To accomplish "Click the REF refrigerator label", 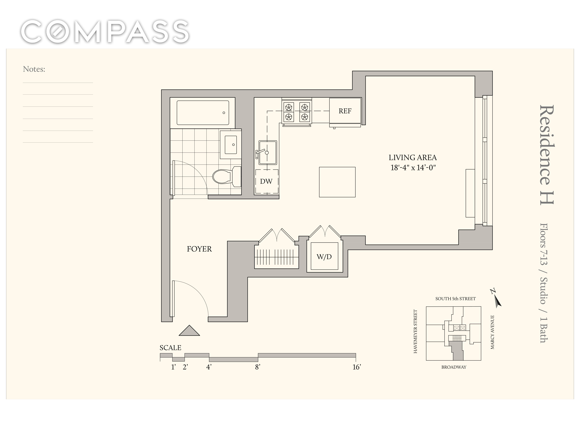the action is pyautogui.click(x=345, y=111).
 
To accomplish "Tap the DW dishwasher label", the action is pyautogui.click(x=266, y=182).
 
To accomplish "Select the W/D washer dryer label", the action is pyautogui.click(x=324, y=257).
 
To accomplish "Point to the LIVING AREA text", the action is pyautogui.click(x=413, y=158).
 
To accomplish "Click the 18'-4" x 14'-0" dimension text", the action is pyautogui.click(x=413, y=168).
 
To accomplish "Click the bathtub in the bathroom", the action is pyautogui.click(x=203, y=113).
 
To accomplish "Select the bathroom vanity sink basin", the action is pyautogui.click(x=231, y=145).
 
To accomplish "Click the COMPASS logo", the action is pyautogui.click(x=105, y=31).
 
